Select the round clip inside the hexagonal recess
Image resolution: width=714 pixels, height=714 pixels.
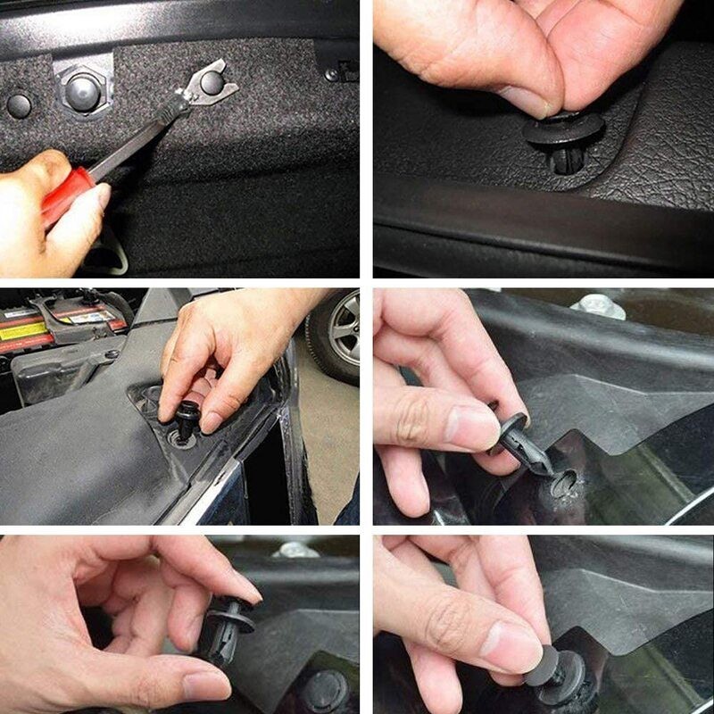pos(82,88)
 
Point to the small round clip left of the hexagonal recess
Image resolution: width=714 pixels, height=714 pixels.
pos(19,105)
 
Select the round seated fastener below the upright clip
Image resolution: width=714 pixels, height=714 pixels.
pos(325,689)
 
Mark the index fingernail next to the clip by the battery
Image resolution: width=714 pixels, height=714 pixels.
pos(212,420)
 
